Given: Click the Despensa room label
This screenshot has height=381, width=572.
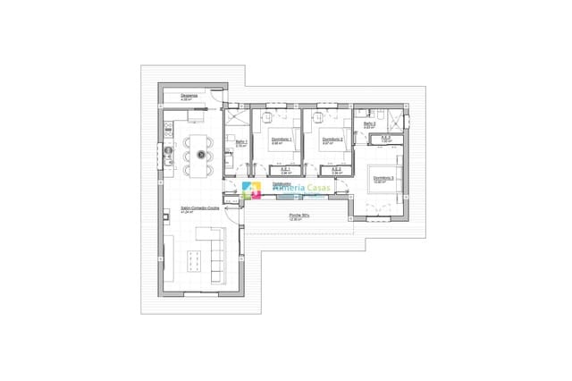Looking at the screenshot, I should pyautogui.click(x=189, y=95).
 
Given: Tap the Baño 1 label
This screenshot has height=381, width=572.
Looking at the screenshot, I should pyautogui.click(x=240, y=141).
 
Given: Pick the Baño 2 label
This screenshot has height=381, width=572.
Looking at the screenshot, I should pyautogui.click(x=369, y=124).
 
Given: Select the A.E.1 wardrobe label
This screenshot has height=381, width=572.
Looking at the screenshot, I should pyautogui.click(x=286, y=168).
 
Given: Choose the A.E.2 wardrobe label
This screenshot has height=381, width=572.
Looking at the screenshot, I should pyautogui.click(x=336, y=168).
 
